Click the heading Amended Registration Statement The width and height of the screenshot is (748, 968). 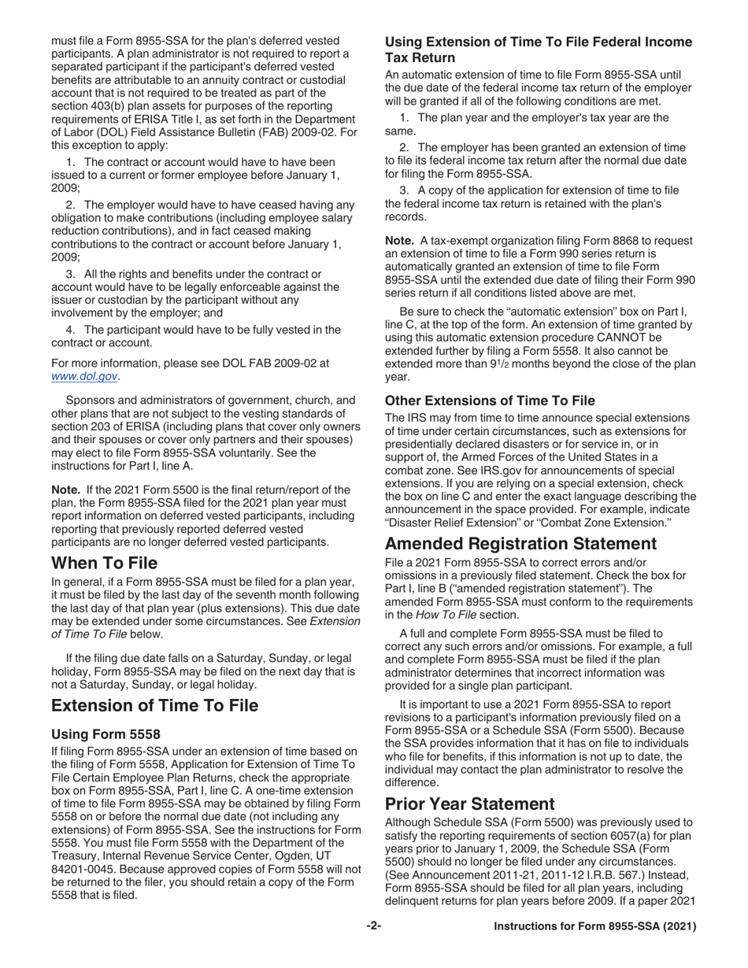(531, 544)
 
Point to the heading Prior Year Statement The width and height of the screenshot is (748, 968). (470, 804)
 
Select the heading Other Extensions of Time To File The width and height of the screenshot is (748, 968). (490, 401)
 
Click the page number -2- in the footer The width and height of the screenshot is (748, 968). (373, 926)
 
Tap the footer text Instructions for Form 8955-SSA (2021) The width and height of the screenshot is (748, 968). (594, 926)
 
